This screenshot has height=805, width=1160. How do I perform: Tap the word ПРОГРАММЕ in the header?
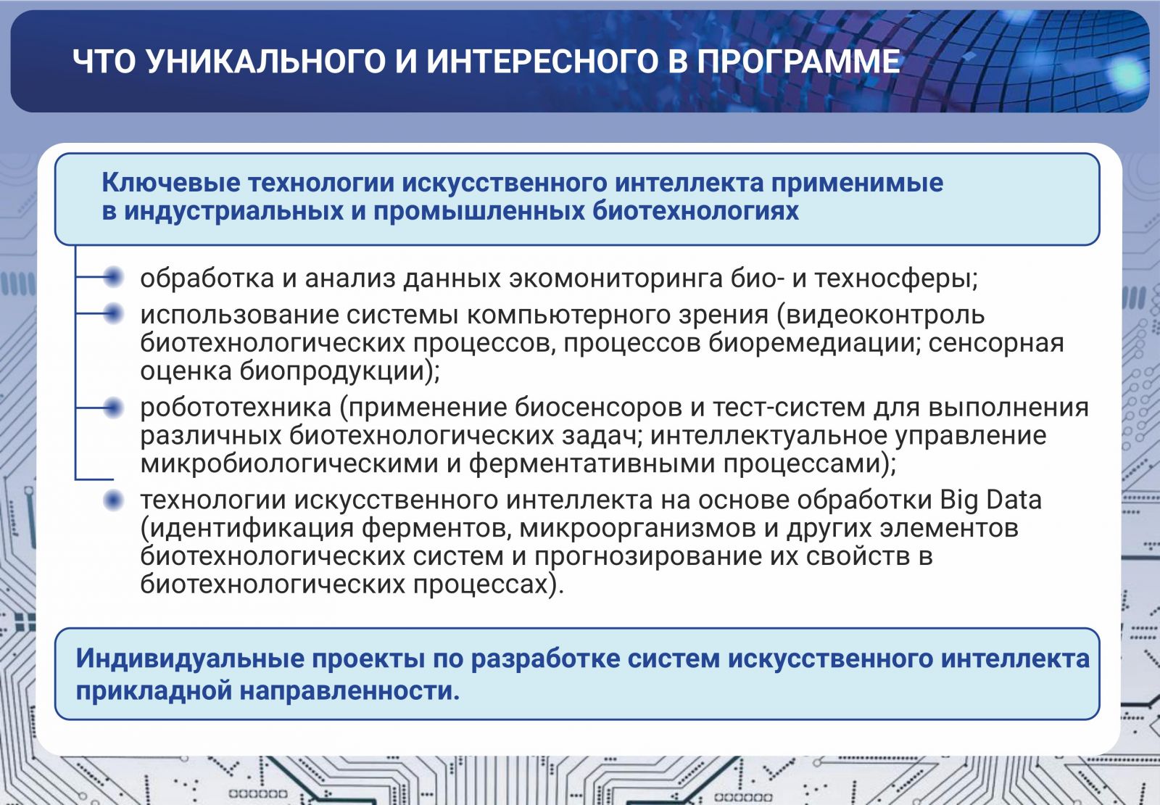(798, 61)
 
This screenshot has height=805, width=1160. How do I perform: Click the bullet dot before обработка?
(113, 277)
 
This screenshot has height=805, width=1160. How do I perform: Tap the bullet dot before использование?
(113, 313)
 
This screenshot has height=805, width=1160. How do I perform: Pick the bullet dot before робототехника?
(113, 408)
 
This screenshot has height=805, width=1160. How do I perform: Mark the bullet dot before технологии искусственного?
(113, 500)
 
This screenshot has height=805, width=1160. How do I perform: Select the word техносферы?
(896, 278)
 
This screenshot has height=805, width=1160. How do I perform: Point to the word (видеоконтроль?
(880, 315)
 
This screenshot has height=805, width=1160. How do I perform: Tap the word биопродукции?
(339, 371)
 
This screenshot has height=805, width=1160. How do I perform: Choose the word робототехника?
(236, 408)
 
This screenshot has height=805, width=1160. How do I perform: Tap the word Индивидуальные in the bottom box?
(190, 659)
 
